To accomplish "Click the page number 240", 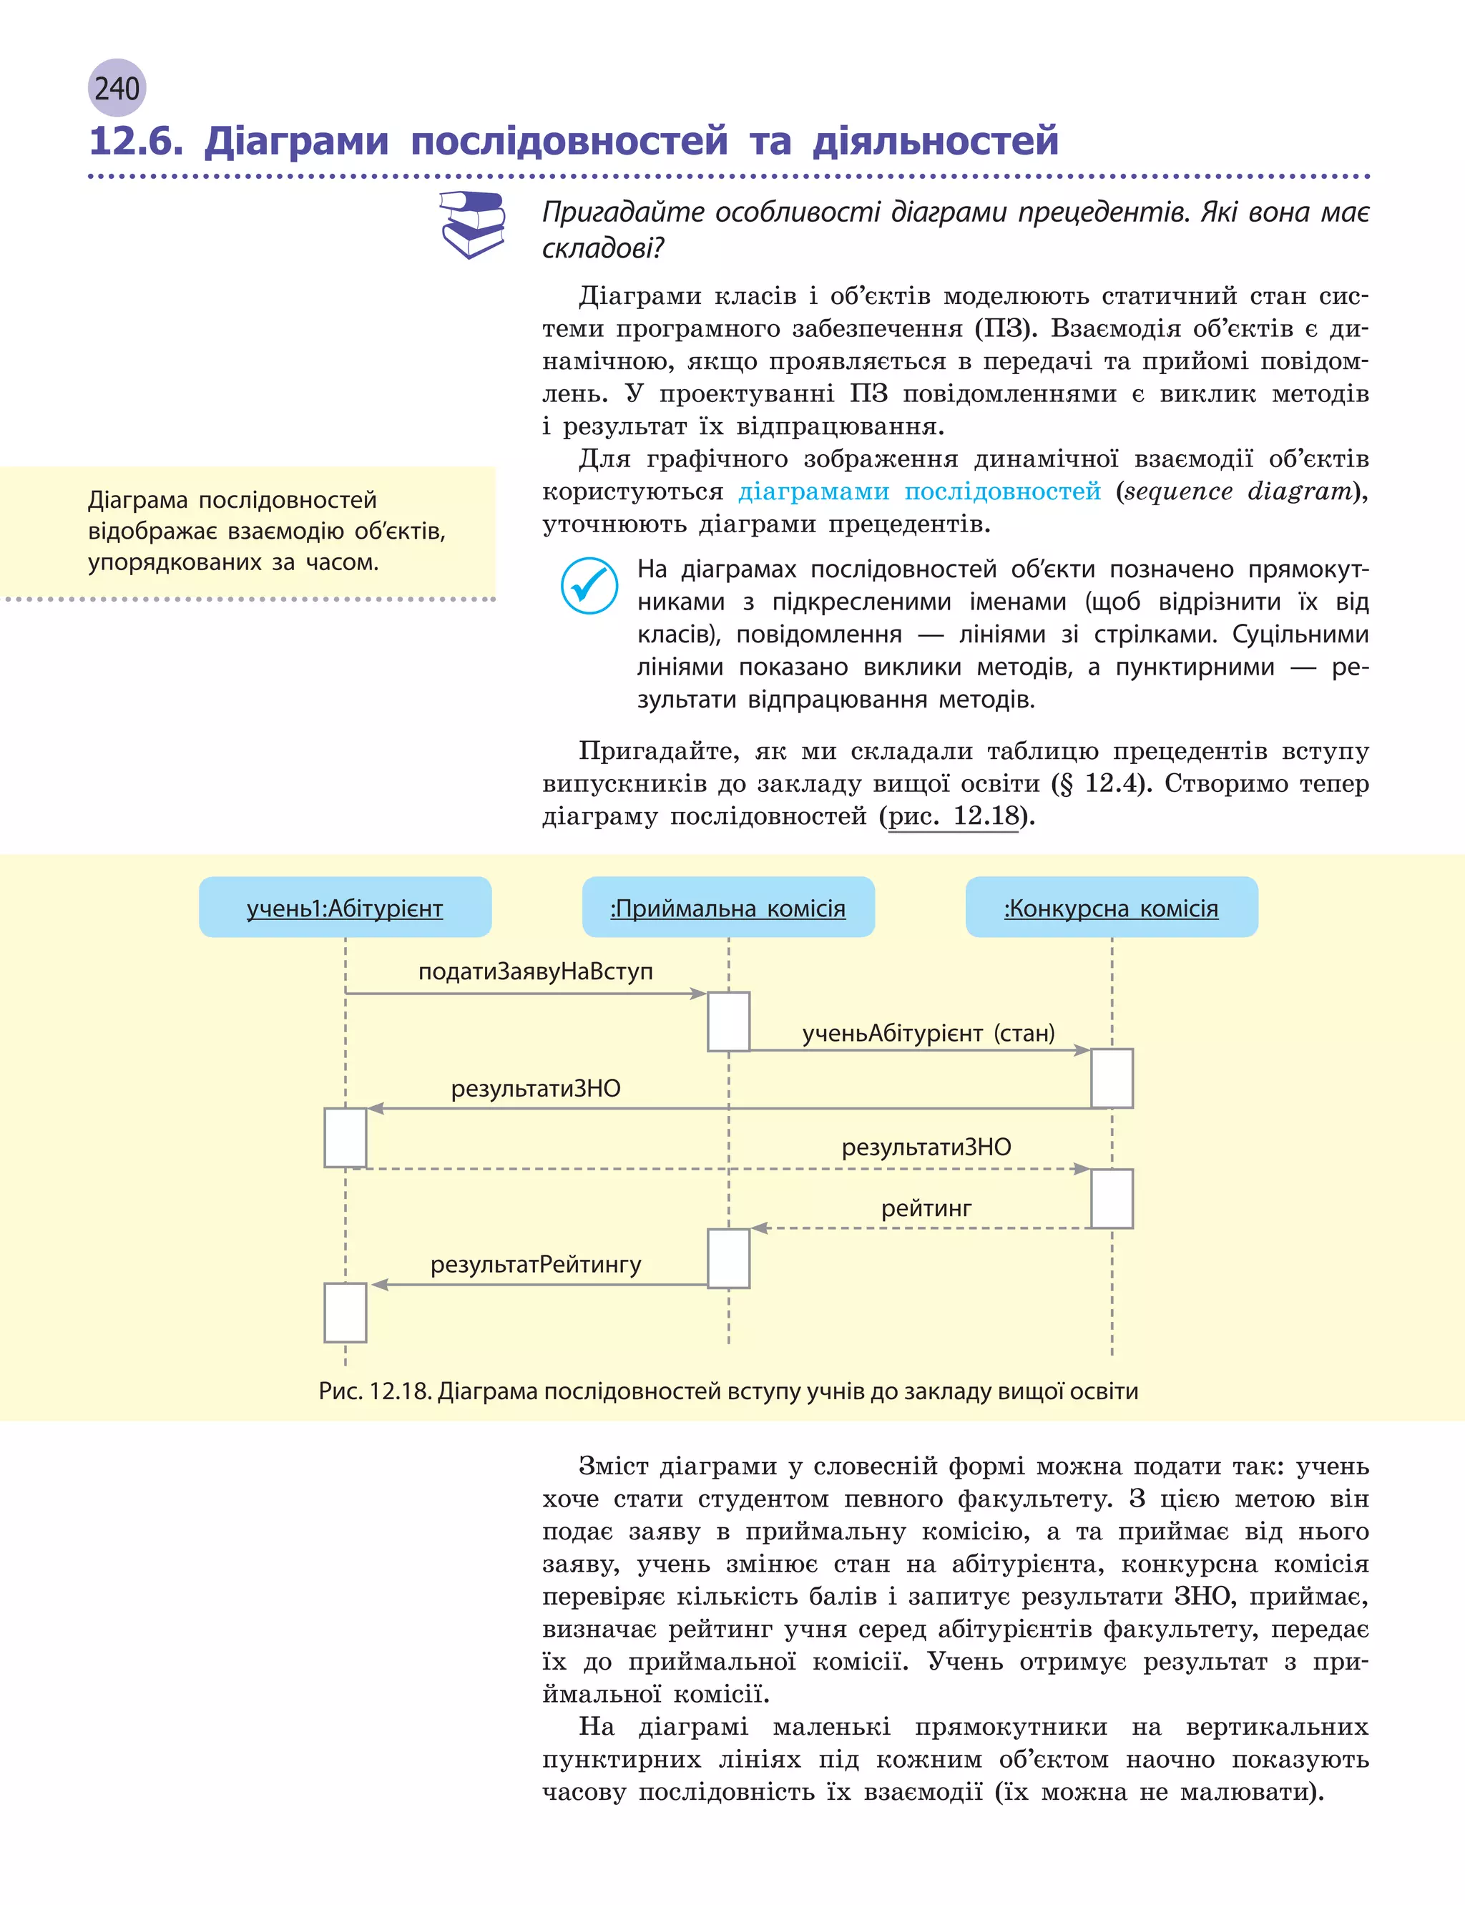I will click(x=117, y=88).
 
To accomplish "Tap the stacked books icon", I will click(x=473, y=224).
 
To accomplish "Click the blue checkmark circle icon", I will click(x=589, y=585).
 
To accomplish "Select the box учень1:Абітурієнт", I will click(x=346, y=908).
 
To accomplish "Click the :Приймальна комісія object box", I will click(x=728, y=908).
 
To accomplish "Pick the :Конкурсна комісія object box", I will click(x=1112, y=908).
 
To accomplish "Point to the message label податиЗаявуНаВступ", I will click(x=535, y=971).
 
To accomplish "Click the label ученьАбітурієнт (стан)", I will click(x=929, y=1033).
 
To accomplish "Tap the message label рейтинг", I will click(x=926, y=1208).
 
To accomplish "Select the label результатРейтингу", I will click(x=535, y=1264).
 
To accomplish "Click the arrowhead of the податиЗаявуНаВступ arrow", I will click(x=697, y=994).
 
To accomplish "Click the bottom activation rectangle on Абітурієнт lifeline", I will click(x=346, y=1312).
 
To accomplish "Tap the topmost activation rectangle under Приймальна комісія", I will click(x=728, y=1021).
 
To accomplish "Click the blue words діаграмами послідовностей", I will click(x=919, y=491).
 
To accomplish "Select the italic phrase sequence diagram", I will click(x=1238, y=491).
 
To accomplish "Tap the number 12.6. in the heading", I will click(x=136, y=141).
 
